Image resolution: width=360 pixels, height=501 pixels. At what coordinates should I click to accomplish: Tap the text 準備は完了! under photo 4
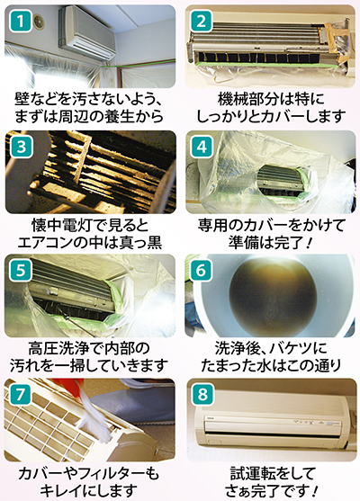pos(270,241)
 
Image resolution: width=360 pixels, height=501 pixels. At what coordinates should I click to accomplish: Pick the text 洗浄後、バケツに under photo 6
pos(270,349)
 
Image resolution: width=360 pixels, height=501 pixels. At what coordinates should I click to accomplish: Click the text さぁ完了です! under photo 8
pos(270,490)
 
